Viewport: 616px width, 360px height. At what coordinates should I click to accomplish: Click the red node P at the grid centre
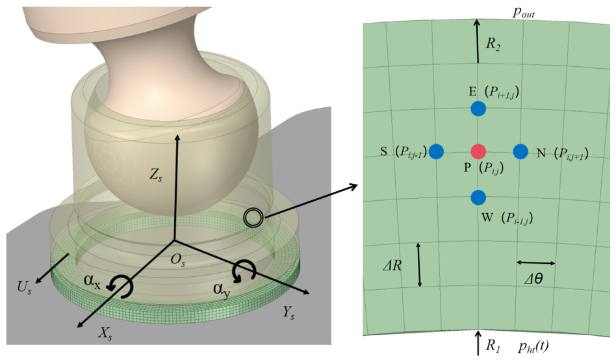(478, 151)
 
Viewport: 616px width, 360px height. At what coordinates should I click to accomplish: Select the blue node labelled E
(478, 109)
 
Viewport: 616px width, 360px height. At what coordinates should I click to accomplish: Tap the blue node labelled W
(478, 198)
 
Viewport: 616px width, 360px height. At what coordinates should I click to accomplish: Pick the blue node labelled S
(436, 151)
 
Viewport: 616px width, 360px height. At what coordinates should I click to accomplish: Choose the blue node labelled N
(520, 151)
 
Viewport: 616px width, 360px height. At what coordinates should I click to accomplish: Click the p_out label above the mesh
(524, 12)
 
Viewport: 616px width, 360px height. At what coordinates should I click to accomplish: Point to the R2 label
(493, 44)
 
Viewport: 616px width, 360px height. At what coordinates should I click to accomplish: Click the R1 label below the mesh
(493, 346)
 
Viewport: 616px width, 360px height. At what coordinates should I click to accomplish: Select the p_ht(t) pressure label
(533, 346)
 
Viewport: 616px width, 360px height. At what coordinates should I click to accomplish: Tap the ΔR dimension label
(392, 266)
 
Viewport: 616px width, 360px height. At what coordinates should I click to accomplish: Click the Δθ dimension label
(533, 279)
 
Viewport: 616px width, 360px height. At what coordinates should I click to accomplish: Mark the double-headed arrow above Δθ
(536, 263)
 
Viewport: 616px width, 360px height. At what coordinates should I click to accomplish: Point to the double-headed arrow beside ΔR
(419, 264)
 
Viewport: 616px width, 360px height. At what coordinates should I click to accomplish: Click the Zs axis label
(155, 175)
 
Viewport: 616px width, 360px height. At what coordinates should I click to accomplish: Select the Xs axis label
(105, 333)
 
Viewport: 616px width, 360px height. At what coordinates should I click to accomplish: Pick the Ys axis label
(289, 313)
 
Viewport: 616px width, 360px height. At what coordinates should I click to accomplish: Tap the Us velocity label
(24, 287)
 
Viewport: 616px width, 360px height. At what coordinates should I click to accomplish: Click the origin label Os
(178, 260)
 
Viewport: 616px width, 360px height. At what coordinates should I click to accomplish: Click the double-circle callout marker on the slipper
(253, 217)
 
